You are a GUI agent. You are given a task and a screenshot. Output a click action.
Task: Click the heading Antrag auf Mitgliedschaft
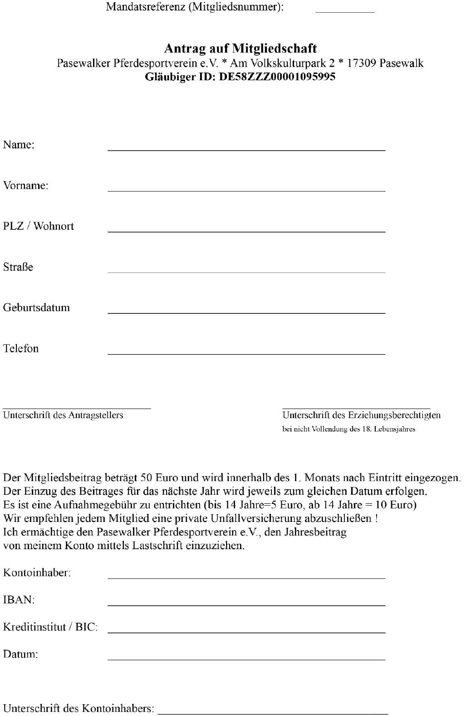point(240,49)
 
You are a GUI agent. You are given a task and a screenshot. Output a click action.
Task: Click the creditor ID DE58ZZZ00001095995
point(277,77)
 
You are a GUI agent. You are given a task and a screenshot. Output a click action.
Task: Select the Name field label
point(19,145)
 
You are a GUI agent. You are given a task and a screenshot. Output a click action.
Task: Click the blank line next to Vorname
point(246,190)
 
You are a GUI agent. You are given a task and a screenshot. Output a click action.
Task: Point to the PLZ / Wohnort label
point(39,226)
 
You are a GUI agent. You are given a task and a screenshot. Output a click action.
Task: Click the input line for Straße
point(246,271)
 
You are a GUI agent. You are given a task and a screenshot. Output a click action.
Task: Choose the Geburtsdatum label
point(36,307)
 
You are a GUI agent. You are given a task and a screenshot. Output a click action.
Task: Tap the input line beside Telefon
point(246,353)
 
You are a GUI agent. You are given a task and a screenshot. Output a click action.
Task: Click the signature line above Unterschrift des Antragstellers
point(77,408)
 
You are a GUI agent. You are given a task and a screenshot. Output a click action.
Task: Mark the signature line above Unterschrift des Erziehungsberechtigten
point(356,408)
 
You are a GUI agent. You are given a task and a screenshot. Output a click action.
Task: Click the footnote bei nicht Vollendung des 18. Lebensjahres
point(348,429)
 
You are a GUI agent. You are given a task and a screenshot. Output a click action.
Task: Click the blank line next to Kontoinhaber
point(246,577)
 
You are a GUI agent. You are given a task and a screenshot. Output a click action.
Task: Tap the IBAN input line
point(246,604)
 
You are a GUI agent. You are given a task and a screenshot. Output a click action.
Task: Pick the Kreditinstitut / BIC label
point(50,627)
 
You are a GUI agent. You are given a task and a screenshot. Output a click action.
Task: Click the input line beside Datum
point(246,659)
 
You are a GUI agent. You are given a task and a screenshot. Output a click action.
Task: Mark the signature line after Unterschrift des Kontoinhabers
point(272,713)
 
